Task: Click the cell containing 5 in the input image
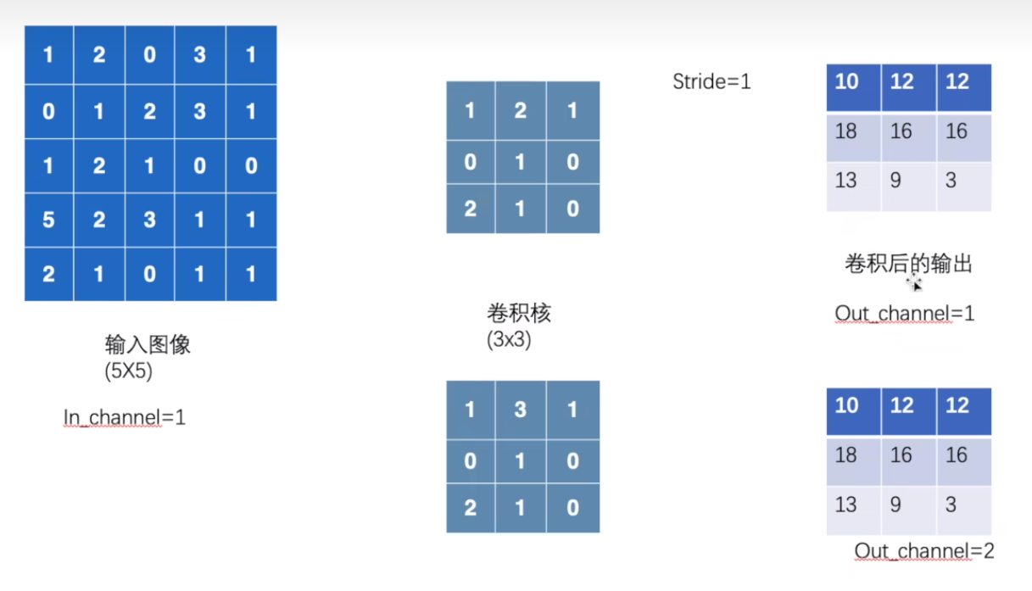coord(48,220)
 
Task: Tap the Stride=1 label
coord(711,82)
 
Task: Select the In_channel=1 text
coord(124,417)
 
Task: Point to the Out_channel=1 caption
coord(904,314)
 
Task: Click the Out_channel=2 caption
coord(923,551)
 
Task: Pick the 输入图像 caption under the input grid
coord(148,344)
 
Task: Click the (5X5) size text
coord(128,371)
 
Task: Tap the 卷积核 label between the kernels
coord(518,313)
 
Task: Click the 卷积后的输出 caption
coord(907,264)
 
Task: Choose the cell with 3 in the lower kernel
coord(521,410)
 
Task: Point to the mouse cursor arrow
coord(916,285)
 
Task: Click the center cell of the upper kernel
coord(521,161)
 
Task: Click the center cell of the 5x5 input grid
coord(149,164)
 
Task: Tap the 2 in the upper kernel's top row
coord(521,110)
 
